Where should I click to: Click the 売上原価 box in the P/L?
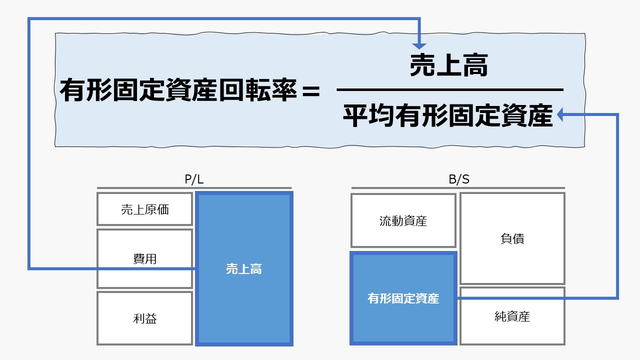coord(144,209)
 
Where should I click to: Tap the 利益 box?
coord(144,318)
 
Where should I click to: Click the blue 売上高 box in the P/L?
coord(244,269)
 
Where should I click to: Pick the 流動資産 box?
coord(403,220)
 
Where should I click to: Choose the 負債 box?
coord(512,238)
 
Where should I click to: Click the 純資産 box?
coord(512,316)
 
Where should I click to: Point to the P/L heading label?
coord(194,179)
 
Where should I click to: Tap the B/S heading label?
coord(458,179)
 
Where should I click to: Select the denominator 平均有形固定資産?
coord(448,115)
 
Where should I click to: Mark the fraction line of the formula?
coord(450,90)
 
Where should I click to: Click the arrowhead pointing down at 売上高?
coord(420,45)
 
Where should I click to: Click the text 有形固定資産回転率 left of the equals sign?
coord(178,92)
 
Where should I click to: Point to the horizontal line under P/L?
coord(194,188)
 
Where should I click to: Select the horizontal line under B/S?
coord(458,188)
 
